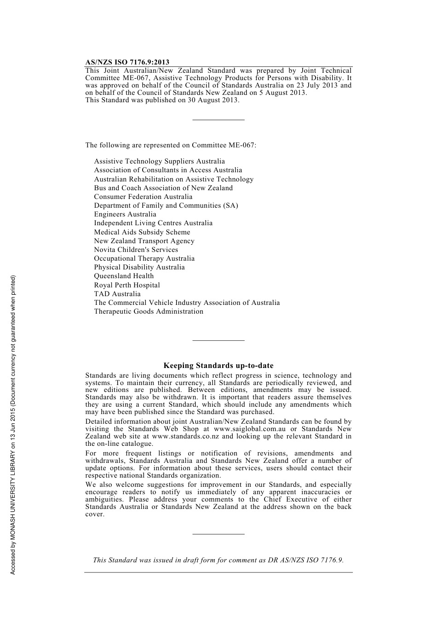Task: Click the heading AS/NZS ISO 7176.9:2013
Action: (127, 62)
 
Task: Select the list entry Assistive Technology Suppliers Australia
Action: (159, 161)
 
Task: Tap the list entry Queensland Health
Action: (124, 276)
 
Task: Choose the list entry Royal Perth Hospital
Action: (127, 285)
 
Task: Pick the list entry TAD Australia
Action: (117, 294)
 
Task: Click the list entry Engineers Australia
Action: (125, 214)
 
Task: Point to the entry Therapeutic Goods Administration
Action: (149, 311)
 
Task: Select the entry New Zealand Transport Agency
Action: (144, 241)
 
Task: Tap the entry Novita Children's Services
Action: (136, 250)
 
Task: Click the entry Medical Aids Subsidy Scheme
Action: (142, 232)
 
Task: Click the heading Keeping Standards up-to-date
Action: (218, 366)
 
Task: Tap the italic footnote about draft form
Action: (218, 560)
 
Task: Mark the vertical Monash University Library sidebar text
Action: (13, 425)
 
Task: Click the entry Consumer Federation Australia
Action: (143, 197)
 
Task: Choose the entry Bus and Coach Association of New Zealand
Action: (163, 188)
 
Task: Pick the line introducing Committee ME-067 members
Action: (171, 145)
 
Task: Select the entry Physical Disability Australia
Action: (139, 267)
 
